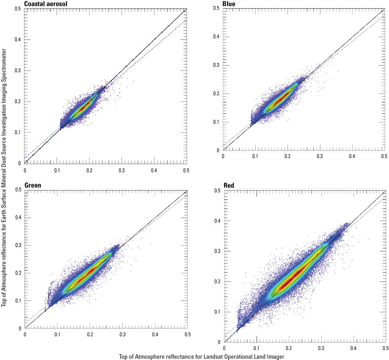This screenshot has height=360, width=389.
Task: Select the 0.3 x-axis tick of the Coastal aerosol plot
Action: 122,170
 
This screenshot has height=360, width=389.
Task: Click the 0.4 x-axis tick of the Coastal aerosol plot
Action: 154,170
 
